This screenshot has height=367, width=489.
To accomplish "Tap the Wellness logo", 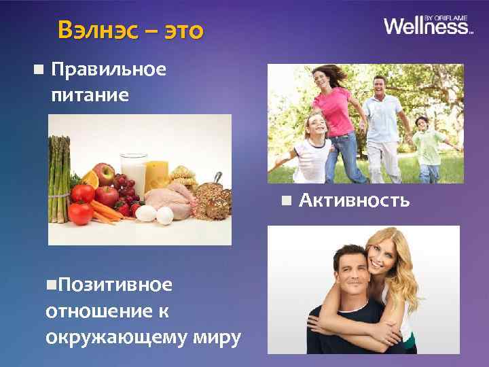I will pyautogui.click(x=428, y=26).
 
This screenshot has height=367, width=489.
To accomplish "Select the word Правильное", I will pyautogui.click(x=109, y=69).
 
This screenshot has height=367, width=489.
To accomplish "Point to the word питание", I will pyautogui.click(x=90, y=94).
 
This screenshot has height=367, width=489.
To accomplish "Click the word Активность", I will pyautogui.click(x=355, y=200).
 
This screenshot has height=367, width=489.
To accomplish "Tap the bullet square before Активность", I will pyautogui.click(x=287, y=200).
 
